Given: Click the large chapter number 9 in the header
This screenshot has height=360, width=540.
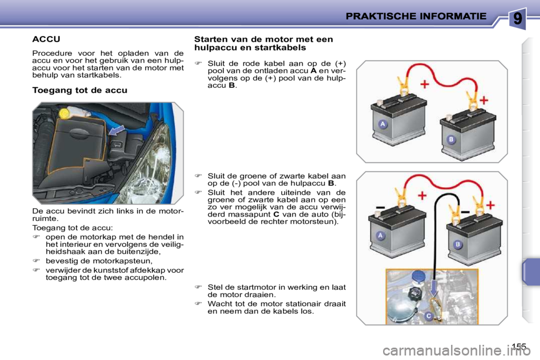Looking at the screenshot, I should pos(517,18).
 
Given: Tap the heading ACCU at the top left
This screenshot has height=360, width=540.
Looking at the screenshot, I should pos(46,39).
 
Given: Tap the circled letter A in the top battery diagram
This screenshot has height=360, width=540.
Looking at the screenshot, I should pos(383,124).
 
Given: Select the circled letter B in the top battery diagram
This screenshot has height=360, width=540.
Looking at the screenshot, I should pos(451,139).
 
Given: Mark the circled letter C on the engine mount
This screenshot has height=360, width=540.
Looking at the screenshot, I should pos(428,316).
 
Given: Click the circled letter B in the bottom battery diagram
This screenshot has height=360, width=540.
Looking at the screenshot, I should pos(458,244).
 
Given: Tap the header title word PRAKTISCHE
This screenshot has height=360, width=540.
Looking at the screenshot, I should pos(382,16).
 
